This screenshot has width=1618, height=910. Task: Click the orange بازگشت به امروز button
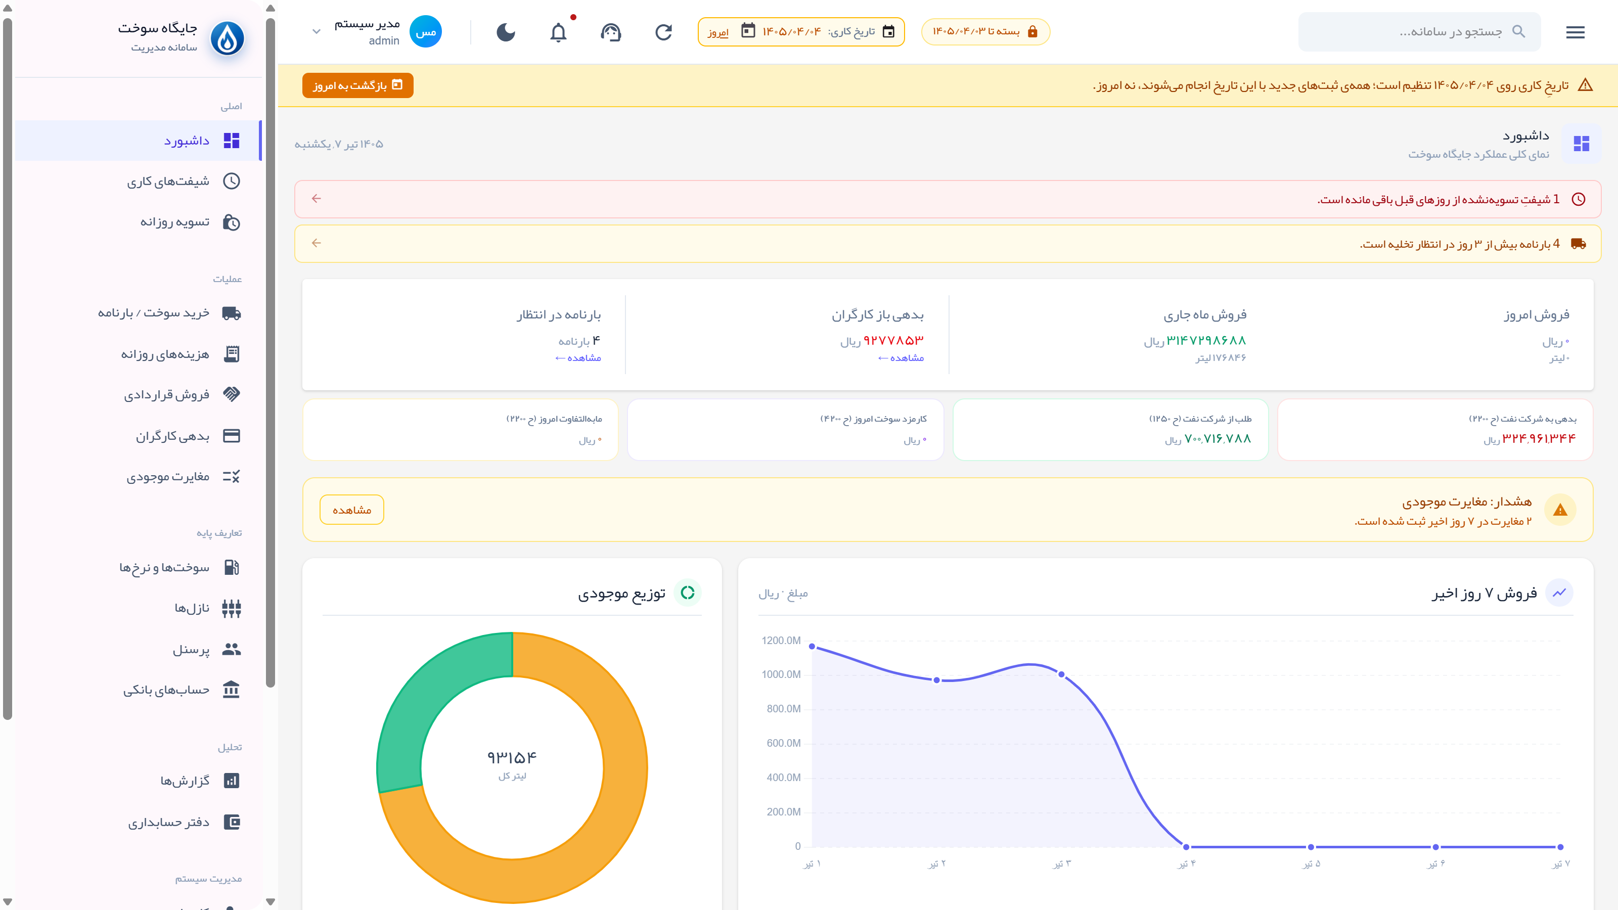[x=357, y=85]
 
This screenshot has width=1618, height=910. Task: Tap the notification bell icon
[x=558, y=32]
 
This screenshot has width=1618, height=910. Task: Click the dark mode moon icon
[x=506, y=32]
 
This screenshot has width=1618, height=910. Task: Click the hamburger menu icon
[x=1575, y=32]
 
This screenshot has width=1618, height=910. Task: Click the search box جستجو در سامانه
[x=1419, y=31]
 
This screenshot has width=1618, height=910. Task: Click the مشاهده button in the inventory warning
[x=352, y=510]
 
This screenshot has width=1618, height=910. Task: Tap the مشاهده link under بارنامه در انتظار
[x=578, y=358]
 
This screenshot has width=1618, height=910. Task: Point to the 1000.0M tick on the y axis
[x=781, y=674]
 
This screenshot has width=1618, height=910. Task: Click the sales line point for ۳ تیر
[x=1061, y=674]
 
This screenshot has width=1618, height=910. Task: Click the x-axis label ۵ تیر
[x=1312, y=864]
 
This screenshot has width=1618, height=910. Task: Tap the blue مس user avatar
[x=425, y=32]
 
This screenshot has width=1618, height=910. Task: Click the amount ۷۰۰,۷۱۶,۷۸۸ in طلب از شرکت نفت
[x=1217, y=438]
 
